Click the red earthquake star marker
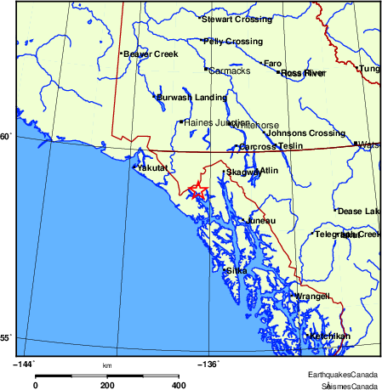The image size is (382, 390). [x=197, y=191]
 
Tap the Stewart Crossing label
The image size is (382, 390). [x=237, y=19]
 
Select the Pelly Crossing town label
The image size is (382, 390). [x=232, y=41]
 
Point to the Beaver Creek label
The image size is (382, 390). [x=150, y=54]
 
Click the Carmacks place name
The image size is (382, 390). [x=230, y=71]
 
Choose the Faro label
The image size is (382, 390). [x=272, y=63]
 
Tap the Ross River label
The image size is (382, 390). [x=304, y=73]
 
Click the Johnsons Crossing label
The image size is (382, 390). [x=306, y=133]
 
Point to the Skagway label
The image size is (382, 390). [x=242, y=172]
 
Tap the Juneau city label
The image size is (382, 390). [x=260, y=221]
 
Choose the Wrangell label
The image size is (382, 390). [x=311, y=297]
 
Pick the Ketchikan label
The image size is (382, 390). [x=330, y=336]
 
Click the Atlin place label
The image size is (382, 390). [x=269, y=171]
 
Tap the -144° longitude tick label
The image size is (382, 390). [x=25, y=364]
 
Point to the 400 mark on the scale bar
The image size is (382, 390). [x=179, y=385]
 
